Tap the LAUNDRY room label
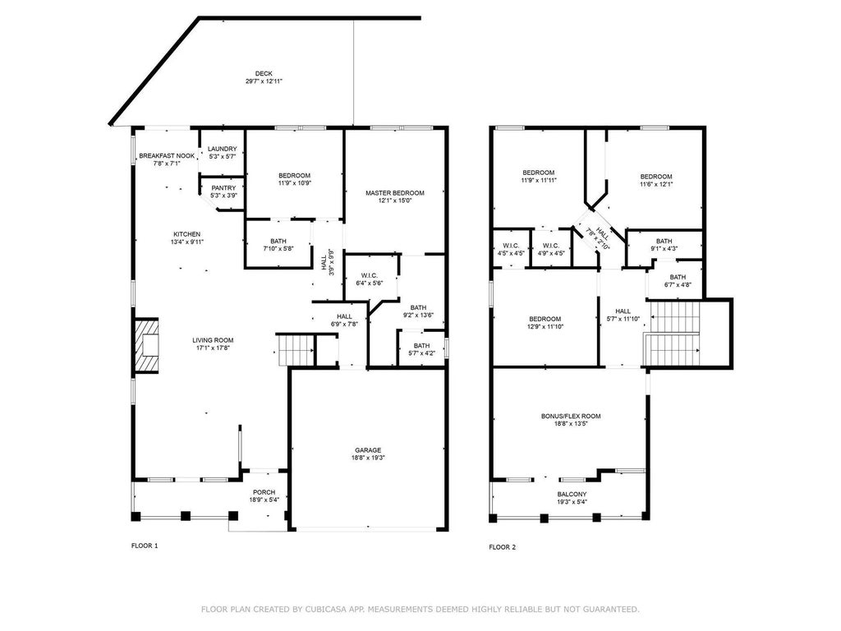click(222, 149)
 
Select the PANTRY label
click(223, 188)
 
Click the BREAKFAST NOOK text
click(167, 155)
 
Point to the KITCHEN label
click(186, 234)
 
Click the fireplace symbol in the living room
click(148, 346)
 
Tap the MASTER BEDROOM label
click(395, 193)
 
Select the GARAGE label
click(368, 450)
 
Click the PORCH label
click(264, 493)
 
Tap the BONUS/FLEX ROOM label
click(570, 417)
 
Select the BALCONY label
click(573, 495)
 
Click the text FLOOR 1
click(145, 546)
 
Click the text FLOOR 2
click(502, 546)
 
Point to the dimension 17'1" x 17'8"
click(213, 348)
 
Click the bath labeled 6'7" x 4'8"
click(677, 281)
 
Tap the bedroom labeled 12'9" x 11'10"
click(545, 322)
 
